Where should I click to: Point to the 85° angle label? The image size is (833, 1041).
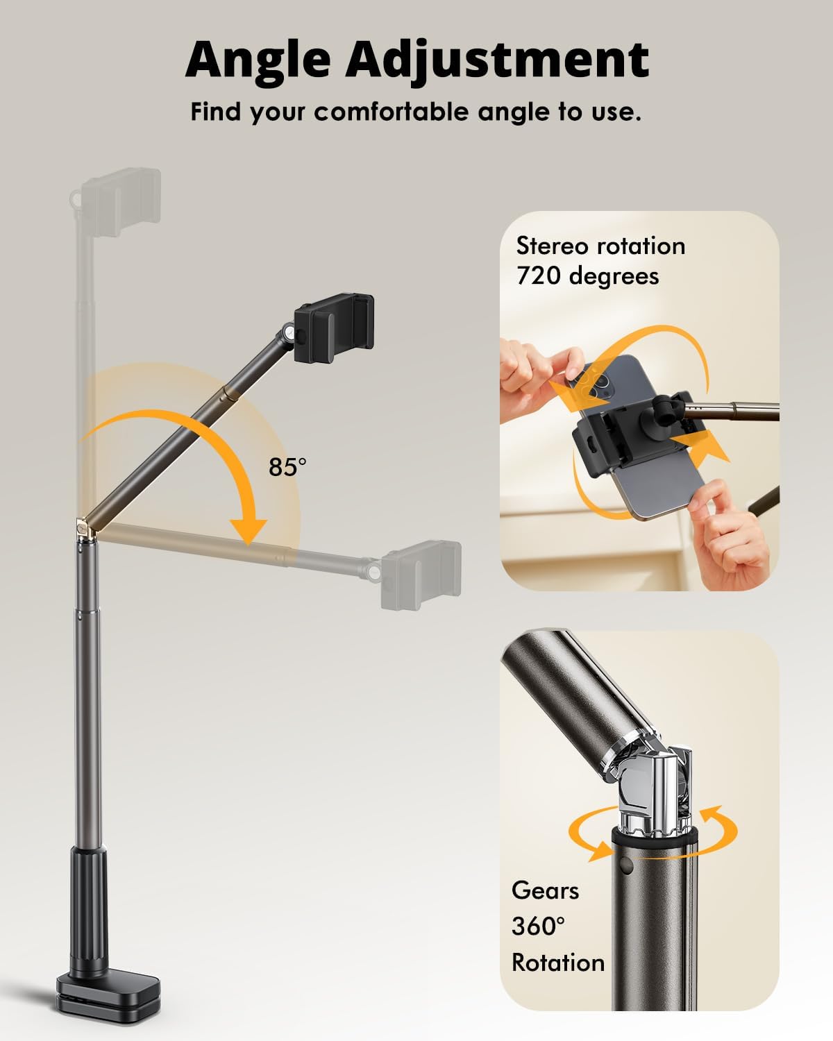click(x=287, y=467)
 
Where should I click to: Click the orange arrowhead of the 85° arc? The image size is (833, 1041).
click(x=249, y=532)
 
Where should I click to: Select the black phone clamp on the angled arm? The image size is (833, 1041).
click(x=334, y=325)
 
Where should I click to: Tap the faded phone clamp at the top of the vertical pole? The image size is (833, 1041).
click(x=121, y=203)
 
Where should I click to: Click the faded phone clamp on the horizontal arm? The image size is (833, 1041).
click(x=421, y=575)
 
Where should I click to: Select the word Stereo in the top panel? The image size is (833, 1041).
click(x=553, y=246)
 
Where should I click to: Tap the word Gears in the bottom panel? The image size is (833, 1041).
click(x=545, y=890)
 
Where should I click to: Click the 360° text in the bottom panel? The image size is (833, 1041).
click(x=538, y=926)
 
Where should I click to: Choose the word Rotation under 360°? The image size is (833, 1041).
click(x=558, y=963)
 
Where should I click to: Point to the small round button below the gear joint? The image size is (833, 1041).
click(x=629, y=865)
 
